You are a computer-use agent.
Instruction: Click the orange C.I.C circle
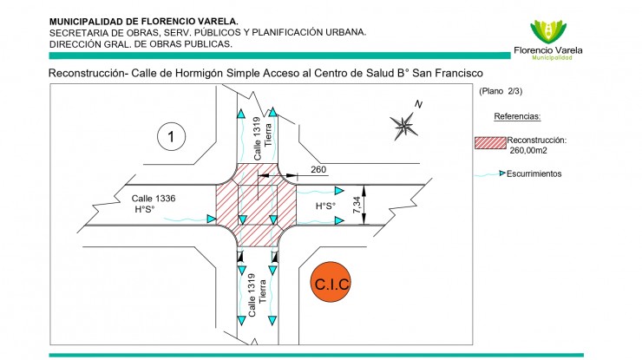[x=331, y=282]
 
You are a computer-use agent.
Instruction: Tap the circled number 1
[x=171, y=136]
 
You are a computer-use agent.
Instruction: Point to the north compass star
[x=403, y=126]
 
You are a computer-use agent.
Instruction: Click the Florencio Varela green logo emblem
[x=548, y=32]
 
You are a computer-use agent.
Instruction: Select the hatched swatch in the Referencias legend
[x=490, y=143]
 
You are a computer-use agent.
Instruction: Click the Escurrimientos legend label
[x=534, y=173]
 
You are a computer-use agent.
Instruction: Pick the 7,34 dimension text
[x=357, y=205]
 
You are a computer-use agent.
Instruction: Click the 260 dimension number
[x=318, y=169]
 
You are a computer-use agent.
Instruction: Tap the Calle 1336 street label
[x=154, y=199]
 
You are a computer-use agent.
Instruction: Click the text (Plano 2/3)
[x=501, y=91]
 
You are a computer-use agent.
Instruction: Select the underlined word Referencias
[x=517, y=116]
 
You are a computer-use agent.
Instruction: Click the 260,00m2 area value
[x=528, y=150]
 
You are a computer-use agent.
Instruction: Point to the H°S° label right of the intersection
[x=325, y=206]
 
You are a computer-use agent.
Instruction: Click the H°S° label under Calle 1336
[x=145, y=209]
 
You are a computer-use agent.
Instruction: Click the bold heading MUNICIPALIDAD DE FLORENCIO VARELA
[x=144, y=22]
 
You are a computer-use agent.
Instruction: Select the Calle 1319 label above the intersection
[x=257, y=139]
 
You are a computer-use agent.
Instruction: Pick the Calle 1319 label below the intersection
[x=252, y=295]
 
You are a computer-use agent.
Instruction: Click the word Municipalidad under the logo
[x=552, y=58]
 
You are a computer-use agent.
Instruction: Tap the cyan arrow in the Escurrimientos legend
[x=502, y=173]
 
